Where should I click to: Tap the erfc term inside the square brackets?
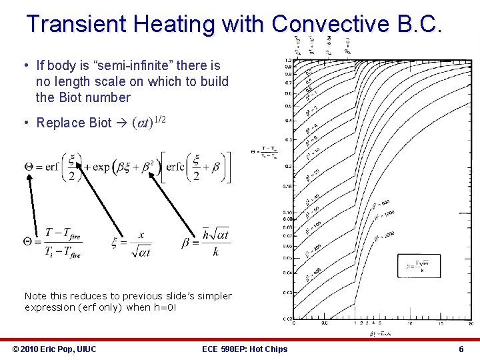point(177,167)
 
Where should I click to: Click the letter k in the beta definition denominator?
point(215,252)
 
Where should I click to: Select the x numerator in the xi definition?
point(141,235)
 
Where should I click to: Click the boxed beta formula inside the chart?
point(419,266)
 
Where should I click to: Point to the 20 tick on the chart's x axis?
point(471,323)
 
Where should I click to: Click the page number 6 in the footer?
point(461,349)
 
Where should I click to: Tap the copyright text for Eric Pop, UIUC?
point(55,349)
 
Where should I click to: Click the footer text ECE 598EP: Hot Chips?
point(244,349)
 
